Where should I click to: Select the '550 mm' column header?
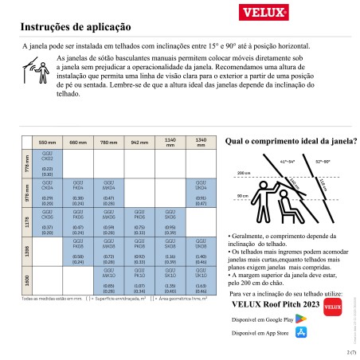48,141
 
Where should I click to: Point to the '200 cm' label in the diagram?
243,172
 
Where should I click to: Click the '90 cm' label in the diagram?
242,195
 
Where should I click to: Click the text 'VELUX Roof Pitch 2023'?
275,303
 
